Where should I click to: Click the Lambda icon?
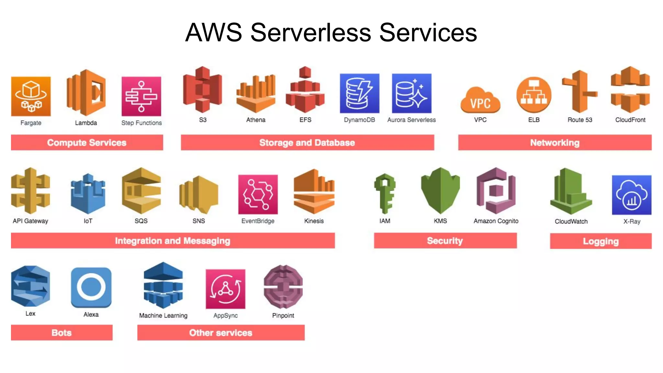[86, 93]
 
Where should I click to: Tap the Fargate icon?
[31, 96]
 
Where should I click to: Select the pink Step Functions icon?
[141, 96]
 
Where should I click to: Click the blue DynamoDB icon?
[359, 93]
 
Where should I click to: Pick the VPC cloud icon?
[480, 100]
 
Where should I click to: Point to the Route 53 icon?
[579, 92]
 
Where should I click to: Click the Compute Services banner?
[87, 142]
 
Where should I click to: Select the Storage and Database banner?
[307, 142]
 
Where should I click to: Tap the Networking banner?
[555, 142]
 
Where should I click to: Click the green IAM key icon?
[385, 193]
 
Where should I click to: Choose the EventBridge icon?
[258, 194]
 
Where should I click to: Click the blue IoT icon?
[88, 194]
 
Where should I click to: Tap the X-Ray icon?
[631, 195]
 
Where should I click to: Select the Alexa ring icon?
[91, 287]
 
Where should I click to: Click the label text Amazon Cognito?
[496, 221]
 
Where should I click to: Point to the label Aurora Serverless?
[411, 120]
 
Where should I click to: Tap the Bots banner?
[62, 333]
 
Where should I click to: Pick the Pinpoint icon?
[283, 287]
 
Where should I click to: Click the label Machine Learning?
[163, 315]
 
